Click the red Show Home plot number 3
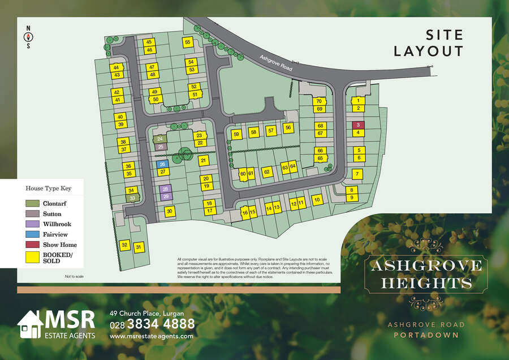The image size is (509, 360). click(358, 125)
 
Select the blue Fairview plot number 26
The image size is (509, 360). click(162, 164)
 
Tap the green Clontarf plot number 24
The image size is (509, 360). click(161, 139)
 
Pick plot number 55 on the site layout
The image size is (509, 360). click(188, 42)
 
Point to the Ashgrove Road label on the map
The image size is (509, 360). click(276, 63)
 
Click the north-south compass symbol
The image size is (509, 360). click(28, 37)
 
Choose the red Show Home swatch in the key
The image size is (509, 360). click(32, 245)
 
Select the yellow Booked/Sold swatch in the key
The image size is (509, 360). click(32, 258)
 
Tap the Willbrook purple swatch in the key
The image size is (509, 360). click(32, 224)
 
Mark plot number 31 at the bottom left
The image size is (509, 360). click(138, 246)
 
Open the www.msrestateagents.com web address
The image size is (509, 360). click(151, 336)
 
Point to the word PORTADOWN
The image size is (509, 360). click(426, 335)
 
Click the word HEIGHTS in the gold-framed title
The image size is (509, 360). click(426, 282)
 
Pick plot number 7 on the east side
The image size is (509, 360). click(357, 174)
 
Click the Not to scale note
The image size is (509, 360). click(74, 276)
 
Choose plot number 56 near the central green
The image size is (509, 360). click(288, 128)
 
